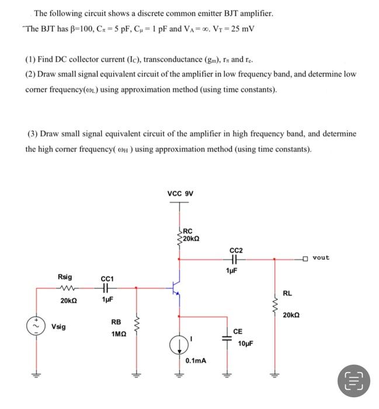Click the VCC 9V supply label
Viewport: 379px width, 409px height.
180,193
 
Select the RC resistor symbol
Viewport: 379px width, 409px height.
180,234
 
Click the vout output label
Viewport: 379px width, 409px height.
321,257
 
